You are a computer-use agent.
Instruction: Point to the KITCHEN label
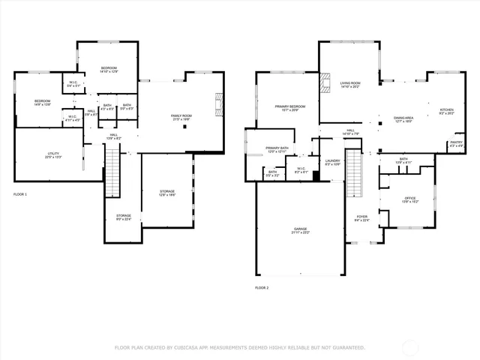446,111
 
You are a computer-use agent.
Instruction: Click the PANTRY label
456,143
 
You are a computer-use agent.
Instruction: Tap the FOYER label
362,218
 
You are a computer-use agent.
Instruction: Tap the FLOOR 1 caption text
20,194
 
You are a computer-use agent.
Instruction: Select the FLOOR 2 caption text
262,287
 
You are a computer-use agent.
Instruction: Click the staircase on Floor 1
111,163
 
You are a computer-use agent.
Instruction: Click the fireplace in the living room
324,82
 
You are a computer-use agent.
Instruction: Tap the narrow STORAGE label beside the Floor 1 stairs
123,217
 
